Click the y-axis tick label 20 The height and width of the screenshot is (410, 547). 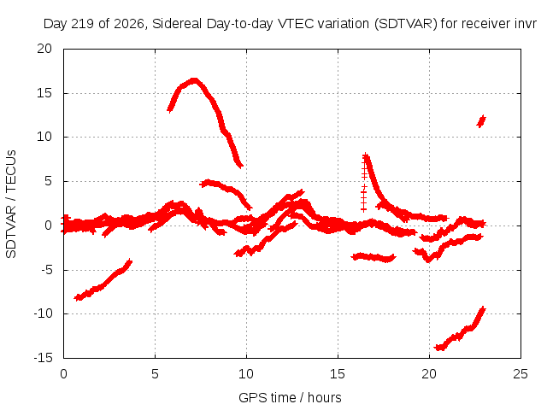44,49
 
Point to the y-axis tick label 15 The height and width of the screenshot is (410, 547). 44,93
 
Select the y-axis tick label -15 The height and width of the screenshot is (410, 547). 44,358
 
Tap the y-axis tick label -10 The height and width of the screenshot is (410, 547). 44,313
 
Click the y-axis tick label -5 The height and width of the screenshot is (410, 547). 45,270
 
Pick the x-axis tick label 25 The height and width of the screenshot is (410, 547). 521,374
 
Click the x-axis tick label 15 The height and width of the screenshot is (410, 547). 338,374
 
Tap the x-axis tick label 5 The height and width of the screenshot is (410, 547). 155,374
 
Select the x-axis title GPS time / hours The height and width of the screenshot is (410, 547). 290,397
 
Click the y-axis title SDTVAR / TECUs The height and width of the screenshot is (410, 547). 11,204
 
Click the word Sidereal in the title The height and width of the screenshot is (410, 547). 177,24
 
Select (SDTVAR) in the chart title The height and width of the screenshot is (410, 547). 405,24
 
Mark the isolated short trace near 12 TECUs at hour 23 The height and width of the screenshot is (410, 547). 481,121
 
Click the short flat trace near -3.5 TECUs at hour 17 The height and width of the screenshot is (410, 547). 373,258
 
